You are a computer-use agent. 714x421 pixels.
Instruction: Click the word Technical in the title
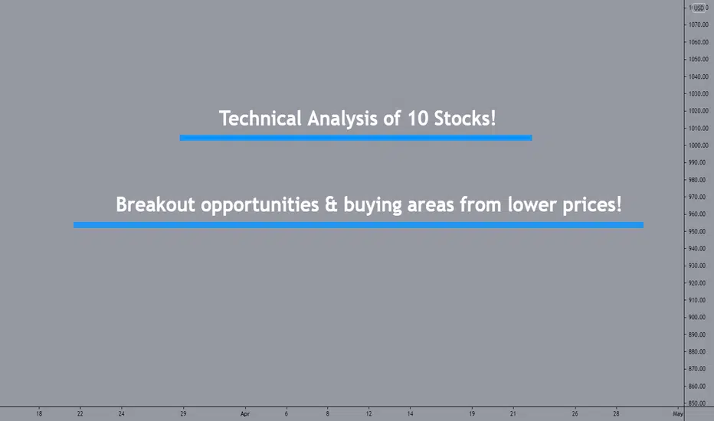pos(260,119)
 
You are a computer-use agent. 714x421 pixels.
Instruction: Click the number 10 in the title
pos(418,119)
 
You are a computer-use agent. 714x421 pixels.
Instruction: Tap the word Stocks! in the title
pos(464,119)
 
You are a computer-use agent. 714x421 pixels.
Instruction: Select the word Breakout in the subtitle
pos(156,204)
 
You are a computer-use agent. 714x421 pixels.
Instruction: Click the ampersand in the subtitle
pos(331,205)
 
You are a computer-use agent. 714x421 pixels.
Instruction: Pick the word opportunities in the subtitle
pos(260,205)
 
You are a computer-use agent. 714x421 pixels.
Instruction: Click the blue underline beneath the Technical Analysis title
pos(355,138)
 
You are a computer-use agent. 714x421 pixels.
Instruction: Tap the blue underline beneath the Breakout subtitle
pos(359,225)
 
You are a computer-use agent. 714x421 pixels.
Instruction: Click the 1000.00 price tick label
pos(698,145)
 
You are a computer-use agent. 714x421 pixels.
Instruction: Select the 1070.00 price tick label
pos(698,24)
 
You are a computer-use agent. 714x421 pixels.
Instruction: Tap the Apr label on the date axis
pos(245,413)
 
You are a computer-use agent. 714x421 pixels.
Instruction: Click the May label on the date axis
pos(677,413)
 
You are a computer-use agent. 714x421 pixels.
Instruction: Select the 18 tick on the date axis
pos(39,413)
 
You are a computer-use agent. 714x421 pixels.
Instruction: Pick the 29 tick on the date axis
pos(183,413)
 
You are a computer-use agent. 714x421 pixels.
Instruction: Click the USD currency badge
pos(699,8)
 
